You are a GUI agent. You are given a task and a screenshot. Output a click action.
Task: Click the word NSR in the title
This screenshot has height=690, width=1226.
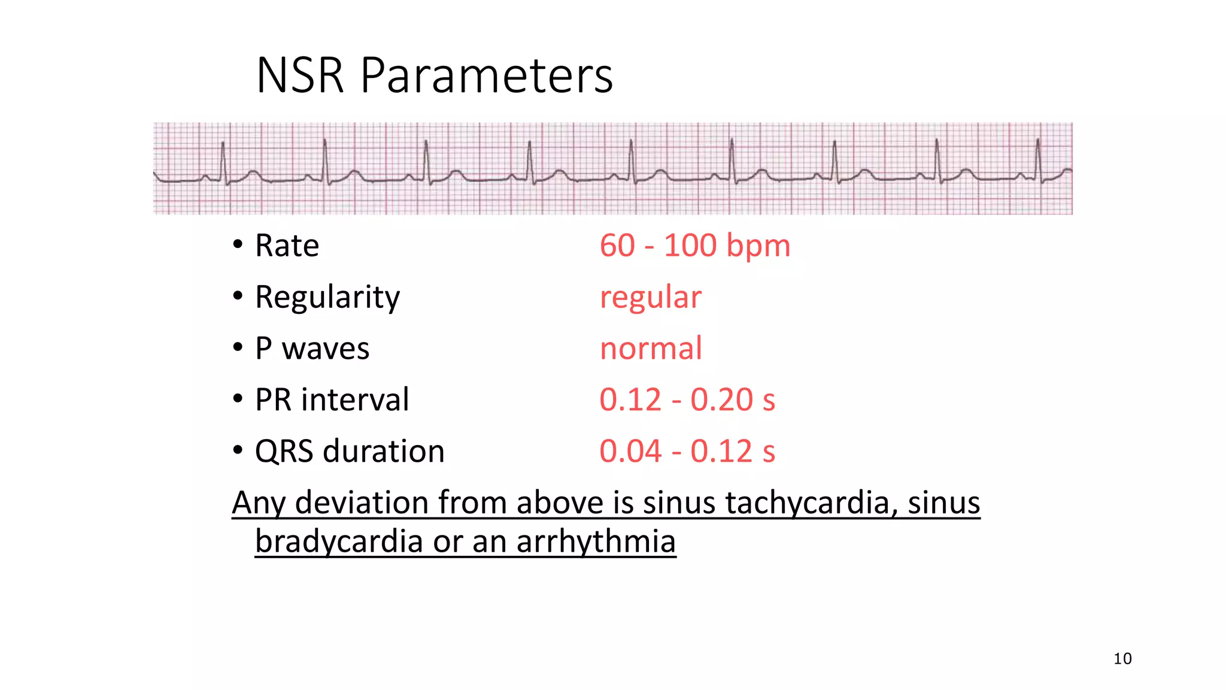[300, 76]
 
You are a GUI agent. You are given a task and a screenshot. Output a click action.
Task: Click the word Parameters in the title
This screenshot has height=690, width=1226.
[486, 76]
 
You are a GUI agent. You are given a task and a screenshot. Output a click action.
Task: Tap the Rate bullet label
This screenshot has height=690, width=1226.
[287, 246]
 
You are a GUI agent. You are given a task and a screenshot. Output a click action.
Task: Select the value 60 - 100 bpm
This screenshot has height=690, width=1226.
[694, 246]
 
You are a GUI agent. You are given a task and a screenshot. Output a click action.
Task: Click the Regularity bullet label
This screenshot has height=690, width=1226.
[327, 297]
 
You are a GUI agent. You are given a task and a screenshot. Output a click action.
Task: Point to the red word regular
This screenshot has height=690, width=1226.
[650, 297]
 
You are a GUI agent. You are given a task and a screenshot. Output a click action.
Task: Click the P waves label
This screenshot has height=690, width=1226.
[312, 349]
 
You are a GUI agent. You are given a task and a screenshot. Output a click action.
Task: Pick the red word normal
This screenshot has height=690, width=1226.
[651, 349]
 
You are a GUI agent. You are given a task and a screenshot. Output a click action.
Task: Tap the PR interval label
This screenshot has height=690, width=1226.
[332, 400]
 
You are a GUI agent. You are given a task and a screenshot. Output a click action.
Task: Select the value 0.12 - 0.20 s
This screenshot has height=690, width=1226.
[687, 400]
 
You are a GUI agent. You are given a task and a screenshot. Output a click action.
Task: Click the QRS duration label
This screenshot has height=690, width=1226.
[350, 451]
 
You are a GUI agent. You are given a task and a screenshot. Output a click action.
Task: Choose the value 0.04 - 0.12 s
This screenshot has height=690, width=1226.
[687, 451]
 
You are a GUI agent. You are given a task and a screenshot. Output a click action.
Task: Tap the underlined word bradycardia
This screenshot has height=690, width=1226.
[339, 541]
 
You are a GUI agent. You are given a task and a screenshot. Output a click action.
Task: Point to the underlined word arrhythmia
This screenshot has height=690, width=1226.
[596, 541]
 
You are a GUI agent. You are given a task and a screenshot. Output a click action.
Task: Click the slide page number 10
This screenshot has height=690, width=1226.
[1122, 659]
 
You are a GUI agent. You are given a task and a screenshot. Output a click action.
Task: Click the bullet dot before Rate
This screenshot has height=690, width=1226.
[238, 244]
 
